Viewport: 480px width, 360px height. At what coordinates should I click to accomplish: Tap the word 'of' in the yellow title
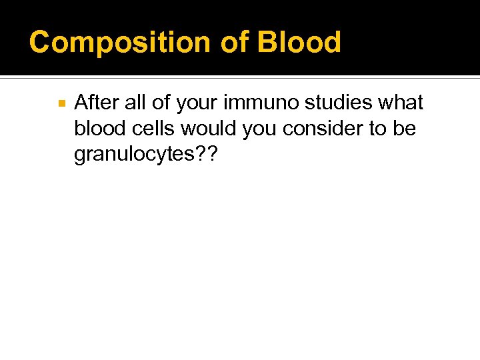tap(233, 43)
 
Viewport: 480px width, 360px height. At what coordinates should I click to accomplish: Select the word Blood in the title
tap(299, 43)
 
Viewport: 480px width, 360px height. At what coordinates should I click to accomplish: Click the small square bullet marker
tap(61, 104)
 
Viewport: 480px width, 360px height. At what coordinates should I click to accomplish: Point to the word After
tap(95, 103)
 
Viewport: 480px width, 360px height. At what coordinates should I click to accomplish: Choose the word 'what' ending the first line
tap(399, 103)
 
